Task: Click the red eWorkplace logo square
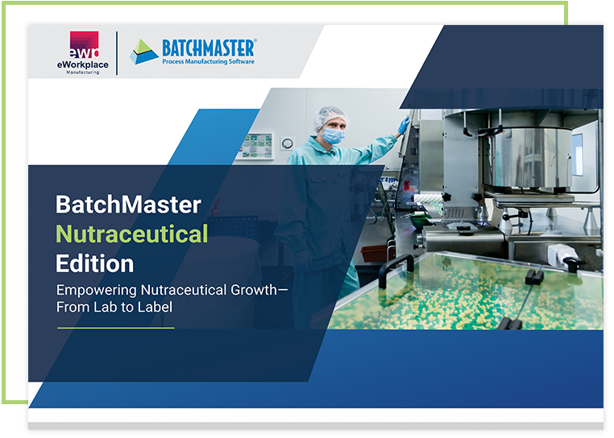click(x=84, y=44)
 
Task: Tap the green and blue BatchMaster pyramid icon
click(x=144, y=52)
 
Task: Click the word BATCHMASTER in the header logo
click(x=210, y=48)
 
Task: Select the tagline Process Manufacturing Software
click(x=209, y=61)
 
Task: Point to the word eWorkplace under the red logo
click(x=83, y=65)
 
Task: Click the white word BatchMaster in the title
click(x=128, y=205)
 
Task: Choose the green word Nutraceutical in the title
click(x=131, y=234)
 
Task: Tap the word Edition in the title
click(x=95, y=263)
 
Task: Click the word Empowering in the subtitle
click(x=97, y=291)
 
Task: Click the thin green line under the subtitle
click(x=116, y=328)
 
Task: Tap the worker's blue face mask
click(x=334, y=135)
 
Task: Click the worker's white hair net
click(x=330, y=117)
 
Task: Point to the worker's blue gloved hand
click(x=404, y=126)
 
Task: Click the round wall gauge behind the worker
click(x=287, y=143)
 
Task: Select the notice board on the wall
click(x=257, y=147)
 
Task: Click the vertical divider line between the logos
click(x=117, y=53)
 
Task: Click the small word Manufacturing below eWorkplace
click(x=83, y=72)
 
